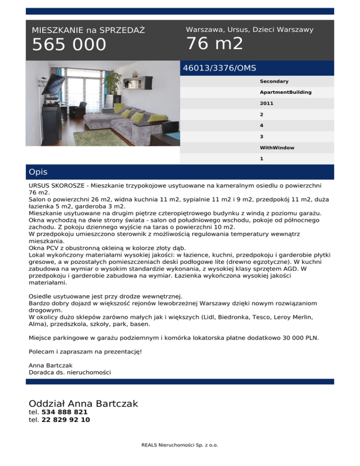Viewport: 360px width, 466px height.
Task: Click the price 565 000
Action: point(69,45)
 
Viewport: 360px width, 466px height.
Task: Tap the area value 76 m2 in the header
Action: point(215,44)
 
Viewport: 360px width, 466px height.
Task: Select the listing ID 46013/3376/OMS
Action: point(219,68)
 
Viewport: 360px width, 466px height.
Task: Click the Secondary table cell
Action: point(274,82)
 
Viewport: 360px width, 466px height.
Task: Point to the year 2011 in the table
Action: point(267,103)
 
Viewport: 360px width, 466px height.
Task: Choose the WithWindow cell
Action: point(277,148)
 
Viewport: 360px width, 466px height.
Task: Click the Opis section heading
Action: point(38,172)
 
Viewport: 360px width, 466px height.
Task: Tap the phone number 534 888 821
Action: point(64,412)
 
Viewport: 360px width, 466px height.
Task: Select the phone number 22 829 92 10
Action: point(66,420)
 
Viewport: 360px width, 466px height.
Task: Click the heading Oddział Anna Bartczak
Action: point(83,404)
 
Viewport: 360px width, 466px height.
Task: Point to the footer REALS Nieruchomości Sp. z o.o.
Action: point(180,445)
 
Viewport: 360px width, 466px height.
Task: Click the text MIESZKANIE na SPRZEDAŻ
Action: point(88,30)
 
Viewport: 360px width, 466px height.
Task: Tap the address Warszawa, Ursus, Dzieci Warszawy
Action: point(249,30)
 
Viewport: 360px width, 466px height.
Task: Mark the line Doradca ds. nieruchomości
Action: point(70,372)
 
